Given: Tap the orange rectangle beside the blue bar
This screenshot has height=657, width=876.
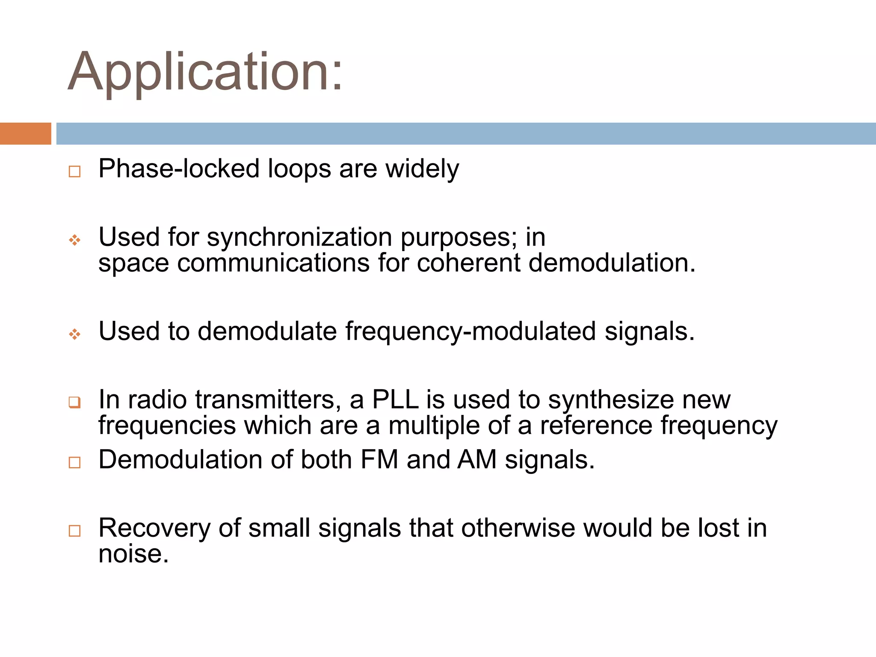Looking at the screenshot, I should pos(25,133).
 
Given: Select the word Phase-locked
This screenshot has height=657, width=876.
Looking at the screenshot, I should pos(179,169).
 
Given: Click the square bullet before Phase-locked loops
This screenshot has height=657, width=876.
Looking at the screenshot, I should pos(74,172).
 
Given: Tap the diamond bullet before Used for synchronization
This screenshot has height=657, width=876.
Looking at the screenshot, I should pos(74,240).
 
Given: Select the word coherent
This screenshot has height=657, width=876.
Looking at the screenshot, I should pos(468,263).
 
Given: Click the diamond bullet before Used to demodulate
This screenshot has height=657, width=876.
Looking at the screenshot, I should pos(74,334).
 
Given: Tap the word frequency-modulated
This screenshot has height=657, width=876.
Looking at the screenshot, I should pos(470,331).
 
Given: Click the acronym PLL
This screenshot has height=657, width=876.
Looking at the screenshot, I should pos(395,400).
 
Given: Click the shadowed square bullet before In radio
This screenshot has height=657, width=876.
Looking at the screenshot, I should pos(74,402).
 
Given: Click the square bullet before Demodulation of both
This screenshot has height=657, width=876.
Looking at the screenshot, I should pos(74,462).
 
